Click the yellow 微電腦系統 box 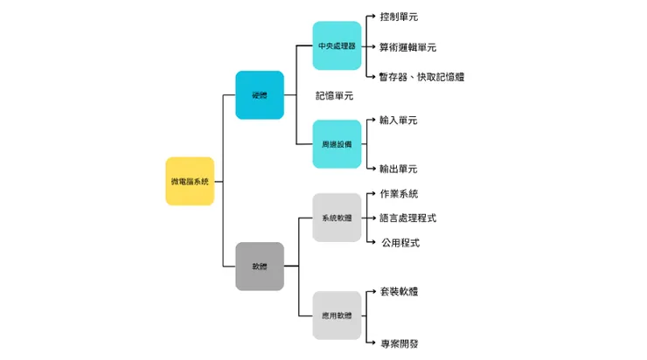pyautogui.click(x=190, y=181)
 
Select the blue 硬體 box pyautogui.click(x=260, y=94)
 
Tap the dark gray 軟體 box pyautogui.click(x=260, y=266)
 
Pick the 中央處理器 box pyautogui.click(x=337, y=45)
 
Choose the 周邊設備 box pyautogui.click(x=337, y=144)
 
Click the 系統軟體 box pyautogui.click(x=337, y=218)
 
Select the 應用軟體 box pyautogui.click(x=337, y=315)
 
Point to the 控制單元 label pyautogui.click(x=399, y=17)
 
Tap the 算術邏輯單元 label pyautogui.click(x=407, y=47)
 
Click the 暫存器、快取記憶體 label pyautogui.click(x=421, y=77)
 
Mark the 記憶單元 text pyautogui.click(x=334, y=95)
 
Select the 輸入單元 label pyautogui.click(x=399, y=120)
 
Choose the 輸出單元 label pyautogui.click(x=399, y=169)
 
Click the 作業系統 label pyautogui.click(x=399, y=193)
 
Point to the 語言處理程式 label pyautogui.click(x=407, y=218)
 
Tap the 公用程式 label pyautogui.click(x=400, y=242)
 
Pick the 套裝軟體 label pyautogui.click(x=399, y=291)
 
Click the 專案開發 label pyautogui.click(x=399, y=343)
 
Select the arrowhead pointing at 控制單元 pyautogui.click(x=373, y=17)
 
